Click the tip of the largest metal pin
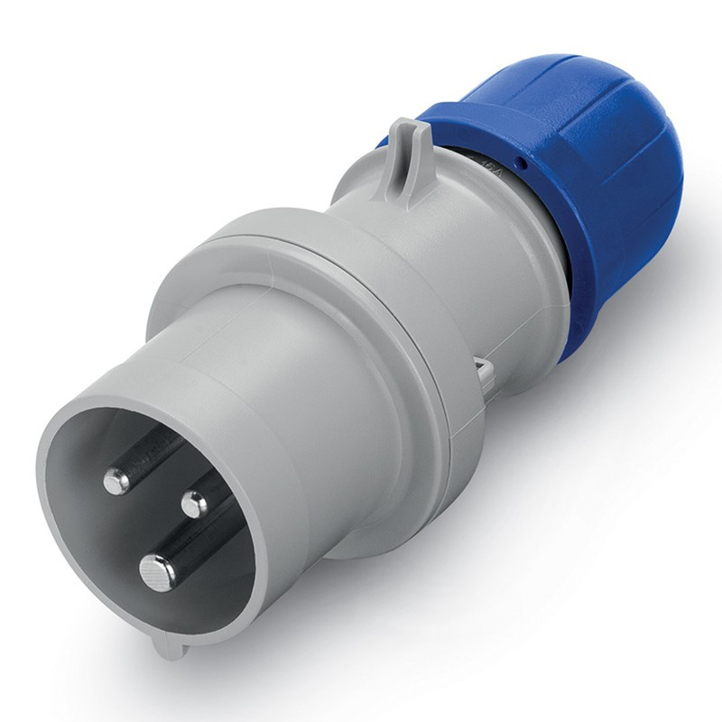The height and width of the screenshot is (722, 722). (x=156, y=568)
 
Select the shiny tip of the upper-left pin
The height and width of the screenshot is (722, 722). (x=116, y=482)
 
